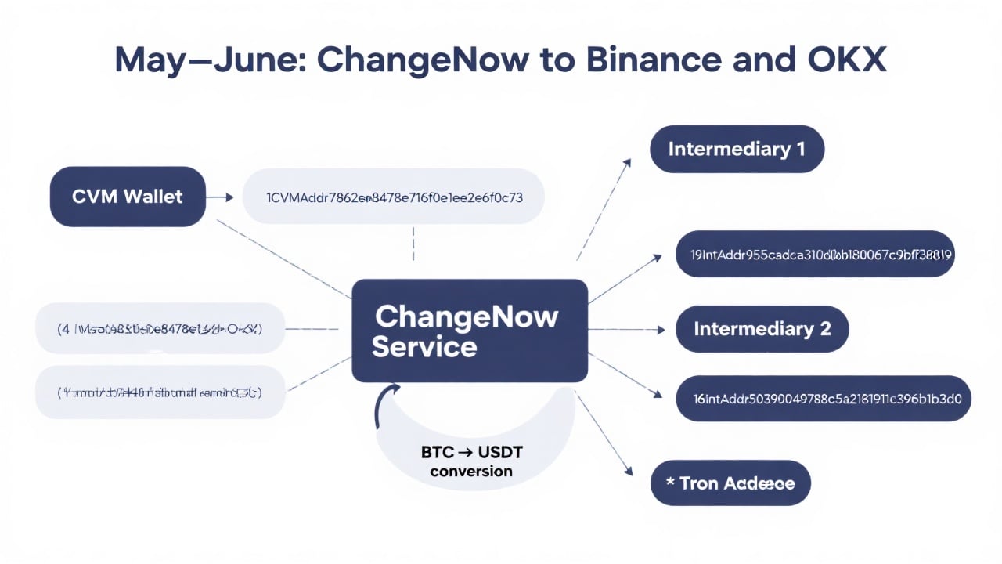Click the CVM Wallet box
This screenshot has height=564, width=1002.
(x=128, y=197)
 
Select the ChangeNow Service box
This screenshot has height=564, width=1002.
(x=470, y=330)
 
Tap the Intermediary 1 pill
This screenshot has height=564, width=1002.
(x=737, y=149)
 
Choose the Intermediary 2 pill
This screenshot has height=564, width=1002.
(x=762, y=329)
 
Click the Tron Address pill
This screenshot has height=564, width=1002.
(x=730, y=483)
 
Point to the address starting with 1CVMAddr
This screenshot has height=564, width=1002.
(x=394, y=197)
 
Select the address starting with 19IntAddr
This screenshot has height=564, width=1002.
(x=815, y=254)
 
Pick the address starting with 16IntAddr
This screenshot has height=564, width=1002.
(x=823, y=398)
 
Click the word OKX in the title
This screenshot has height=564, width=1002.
(x=849, y=60)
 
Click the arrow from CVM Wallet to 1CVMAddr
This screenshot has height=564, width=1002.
(x=223, y=197)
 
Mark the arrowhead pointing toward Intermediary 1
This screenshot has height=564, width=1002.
(x=626, y=162)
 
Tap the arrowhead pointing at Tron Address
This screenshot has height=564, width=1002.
(x=627, y=471)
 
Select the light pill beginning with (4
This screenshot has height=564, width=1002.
(x=160, y=328)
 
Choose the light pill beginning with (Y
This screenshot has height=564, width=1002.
(x=160, y=392)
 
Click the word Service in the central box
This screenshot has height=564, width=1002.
(x=424, y=346)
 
